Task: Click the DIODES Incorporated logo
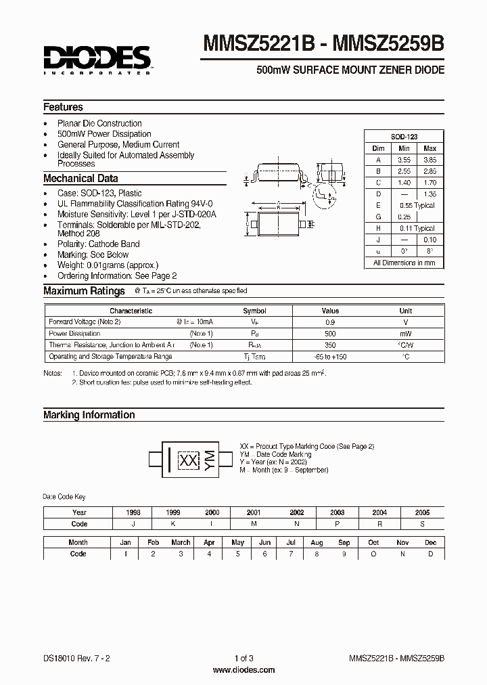(97, 60)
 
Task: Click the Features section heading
(63, 107)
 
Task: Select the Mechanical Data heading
(80, 179)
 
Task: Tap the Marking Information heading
(89, 415)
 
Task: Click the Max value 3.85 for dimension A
(430, 160)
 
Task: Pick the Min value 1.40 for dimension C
(404, 183)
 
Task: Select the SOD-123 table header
(404, 136)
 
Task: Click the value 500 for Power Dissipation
(330, 334)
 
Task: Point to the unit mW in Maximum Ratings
(406, 334)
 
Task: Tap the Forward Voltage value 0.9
(330, 322)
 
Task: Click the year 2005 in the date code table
(422, 512)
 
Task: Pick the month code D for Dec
(431, 554)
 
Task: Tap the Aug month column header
(317, 542)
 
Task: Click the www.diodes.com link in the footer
(243, 670)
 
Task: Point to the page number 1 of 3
(243, 659)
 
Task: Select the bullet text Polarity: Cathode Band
(99, 244)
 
